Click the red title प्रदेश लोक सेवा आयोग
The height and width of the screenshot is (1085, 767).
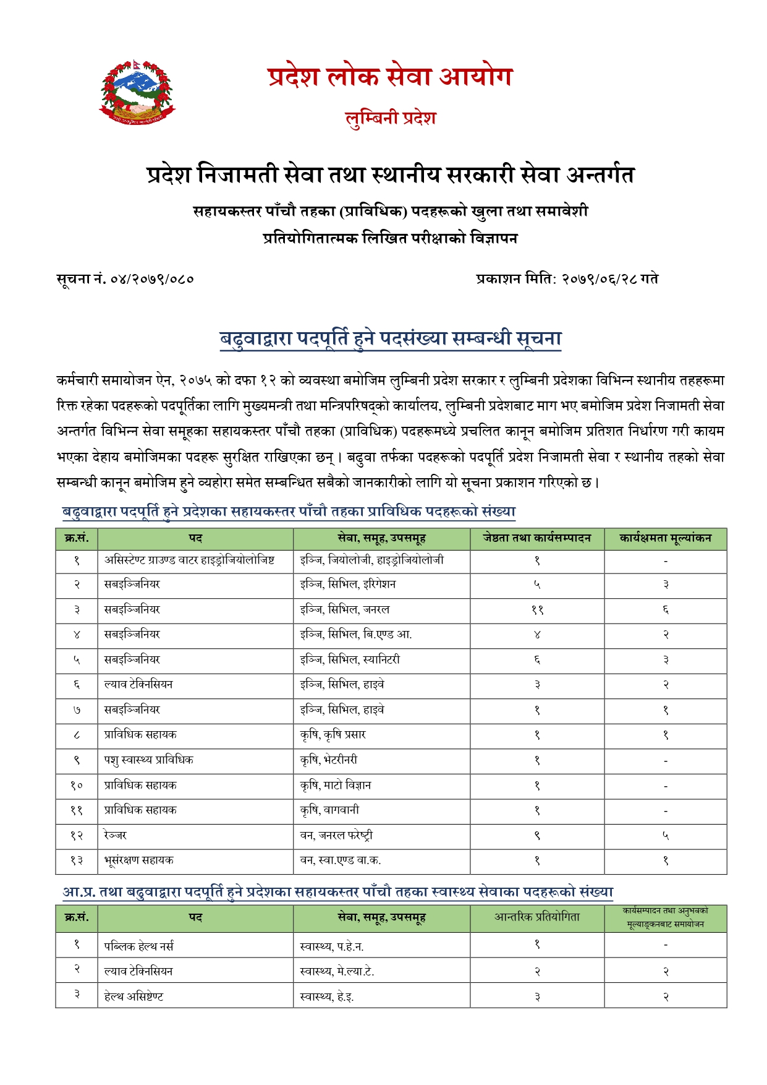pos(390,77)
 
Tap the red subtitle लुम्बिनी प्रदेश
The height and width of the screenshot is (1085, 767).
pos(390,118)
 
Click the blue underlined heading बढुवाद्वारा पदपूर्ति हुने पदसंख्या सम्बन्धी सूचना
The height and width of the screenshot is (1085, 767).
pos(390,339)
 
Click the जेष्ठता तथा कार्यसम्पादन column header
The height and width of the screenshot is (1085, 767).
pos(536,539)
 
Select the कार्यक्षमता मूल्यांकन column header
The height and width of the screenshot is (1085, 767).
pos(665,539)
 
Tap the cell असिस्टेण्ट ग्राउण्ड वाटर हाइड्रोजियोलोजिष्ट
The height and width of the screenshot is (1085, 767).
pos(189,560)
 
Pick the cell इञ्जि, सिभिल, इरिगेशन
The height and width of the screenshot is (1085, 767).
pos(347,585)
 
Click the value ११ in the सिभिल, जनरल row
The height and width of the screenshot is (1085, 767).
pos(537,610)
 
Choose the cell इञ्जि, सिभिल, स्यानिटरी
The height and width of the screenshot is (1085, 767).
pos(350,660)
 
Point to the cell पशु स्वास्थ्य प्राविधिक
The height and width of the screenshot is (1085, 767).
pos(148,760)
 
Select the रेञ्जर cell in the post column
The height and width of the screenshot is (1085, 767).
pos(116,836)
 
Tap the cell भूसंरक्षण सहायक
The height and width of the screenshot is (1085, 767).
pos(138,860)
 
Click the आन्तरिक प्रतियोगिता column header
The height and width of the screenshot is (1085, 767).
pos(536,918)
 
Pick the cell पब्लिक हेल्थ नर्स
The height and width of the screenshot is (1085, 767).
pos(138,946)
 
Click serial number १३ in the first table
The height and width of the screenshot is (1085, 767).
pos(77,860)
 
